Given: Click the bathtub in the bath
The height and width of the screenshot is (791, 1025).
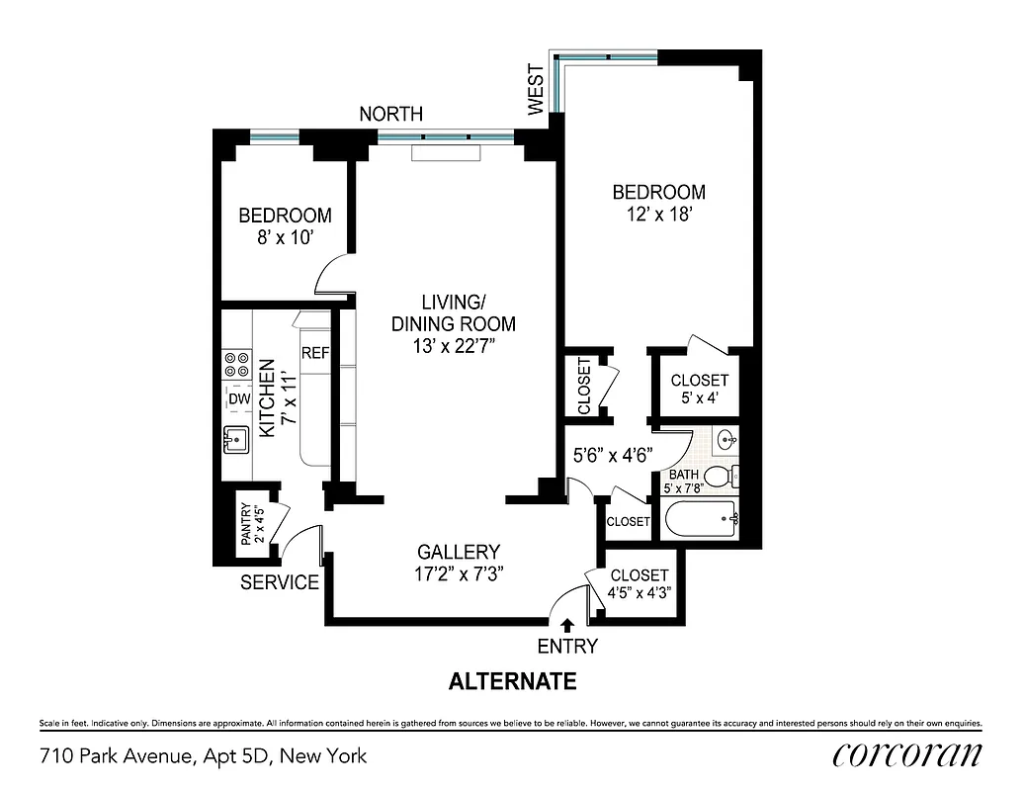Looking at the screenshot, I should [x=701, y=517].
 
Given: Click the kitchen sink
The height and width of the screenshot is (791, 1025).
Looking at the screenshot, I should [x=237, y=437].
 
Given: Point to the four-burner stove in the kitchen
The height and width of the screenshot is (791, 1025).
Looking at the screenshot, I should [x=236, y=364].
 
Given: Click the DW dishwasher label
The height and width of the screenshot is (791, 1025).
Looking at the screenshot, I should [x=238, y=398].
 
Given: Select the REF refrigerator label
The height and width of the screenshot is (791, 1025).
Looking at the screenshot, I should [x=314, y=353].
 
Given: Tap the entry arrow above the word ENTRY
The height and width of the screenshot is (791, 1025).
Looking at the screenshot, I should [x=567, y=625].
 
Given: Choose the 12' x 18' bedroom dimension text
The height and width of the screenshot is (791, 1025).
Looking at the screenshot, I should [x=658, y=213].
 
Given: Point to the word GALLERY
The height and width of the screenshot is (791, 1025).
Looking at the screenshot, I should [x=458, y=553].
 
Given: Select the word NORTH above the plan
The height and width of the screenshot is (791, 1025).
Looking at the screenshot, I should [x=390, y=115].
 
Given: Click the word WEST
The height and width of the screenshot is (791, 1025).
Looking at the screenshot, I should [x=536, y=92].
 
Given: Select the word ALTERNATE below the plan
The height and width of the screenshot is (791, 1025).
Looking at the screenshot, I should [x=512, y=681].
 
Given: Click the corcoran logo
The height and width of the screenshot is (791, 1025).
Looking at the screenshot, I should [x=906, y=754].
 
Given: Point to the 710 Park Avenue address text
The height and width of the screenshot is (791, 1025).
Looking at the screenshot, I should [x=203, y=756].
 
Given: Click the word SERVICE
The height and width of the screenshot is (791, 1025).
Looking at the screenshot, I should [x=280, y=582].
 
